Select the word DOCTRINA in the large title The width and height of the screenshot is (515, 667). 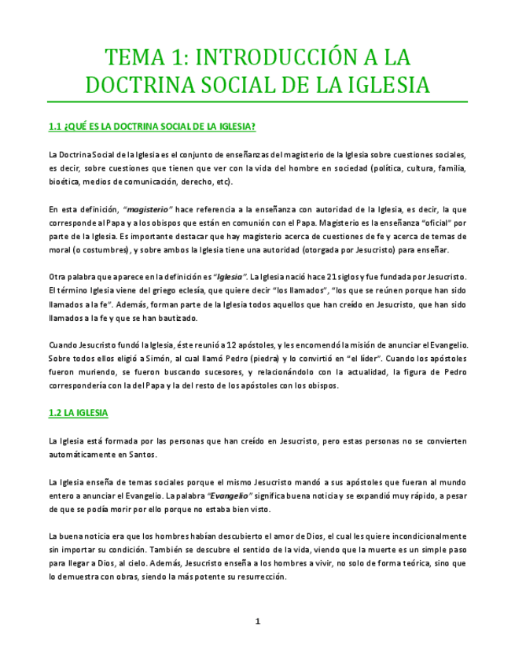coord(144,85)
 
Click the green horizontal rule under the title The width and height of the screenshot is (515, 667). coord(257,101)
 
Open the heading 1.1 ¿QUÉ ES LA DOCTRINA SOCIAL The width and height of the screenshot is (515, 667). coord(152,127)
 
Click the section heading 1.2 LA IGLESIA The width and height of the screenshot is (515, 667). coord(78,412)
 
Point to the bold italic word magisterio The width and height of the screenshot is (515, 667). coord(148,209)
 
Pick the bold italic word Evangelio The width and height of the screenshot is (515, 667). coord(230,495)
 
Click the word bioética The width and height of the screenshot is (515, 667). coord(65,182)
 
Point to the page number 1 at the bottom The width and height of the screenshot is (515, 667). coord(257,621)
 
